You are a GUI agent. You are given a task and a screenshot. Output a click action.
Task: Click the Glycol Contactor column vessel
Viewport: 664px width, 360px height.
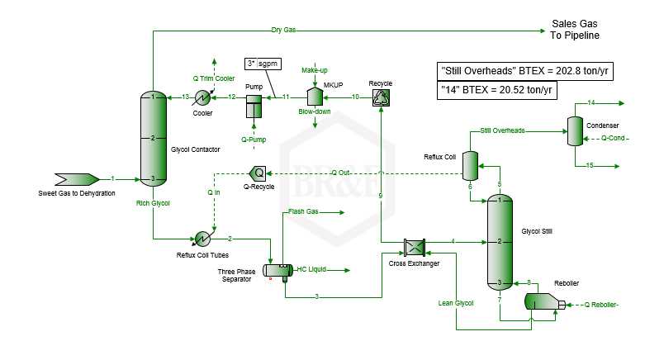pos(154,137)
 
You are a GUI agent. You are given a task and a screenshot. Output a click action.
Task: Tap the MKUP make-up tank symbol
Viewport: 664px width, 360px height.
pos(315,97)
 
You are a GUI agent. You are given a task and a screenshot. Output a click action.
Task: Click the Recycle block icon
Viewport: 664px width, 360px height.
pos(381,97)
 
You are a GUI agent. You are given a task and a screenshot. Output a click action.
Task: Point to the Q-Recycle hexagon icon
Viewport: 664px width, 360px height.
pos(258,173)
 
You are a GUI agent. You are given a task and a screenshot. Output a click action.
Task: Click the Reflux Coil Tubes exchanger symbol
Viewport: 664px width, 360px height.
pos(200,239)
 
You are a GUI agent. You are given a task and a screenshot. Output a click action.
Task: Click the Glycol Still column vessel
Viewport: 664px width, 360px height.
pos(500,241)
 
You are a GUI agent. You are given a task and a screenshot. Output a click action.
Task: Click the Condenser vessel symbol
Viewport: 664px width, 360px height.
pos(575,129)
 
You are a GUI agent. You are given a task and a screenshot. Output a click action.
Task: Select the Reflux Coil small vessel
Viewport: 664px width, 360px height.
pos(470,165)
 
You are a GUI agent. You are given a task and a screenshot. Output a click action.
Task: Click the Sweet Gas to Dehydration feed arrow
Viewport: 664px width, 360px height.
pos(77,179)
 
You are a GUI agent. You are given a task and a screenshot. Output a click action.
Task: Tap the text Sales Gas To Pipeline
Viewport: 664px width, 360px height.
pos(575,30)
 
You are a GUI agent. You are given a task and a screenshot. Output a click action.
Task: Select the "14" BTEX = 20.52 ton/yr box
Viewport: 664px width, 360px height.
pos(497,89)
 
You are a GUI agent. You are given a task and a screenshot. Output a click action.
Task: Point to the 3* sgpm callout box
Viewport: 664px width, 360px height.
pos(263,63)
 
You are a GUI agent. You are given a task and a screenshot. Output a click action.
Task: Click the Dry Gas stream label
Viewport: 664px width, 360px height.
pos(283,31)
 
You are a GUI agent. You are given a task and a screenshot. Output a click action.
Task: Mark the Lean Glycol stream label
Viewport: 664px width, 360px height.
pos(455,303)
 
